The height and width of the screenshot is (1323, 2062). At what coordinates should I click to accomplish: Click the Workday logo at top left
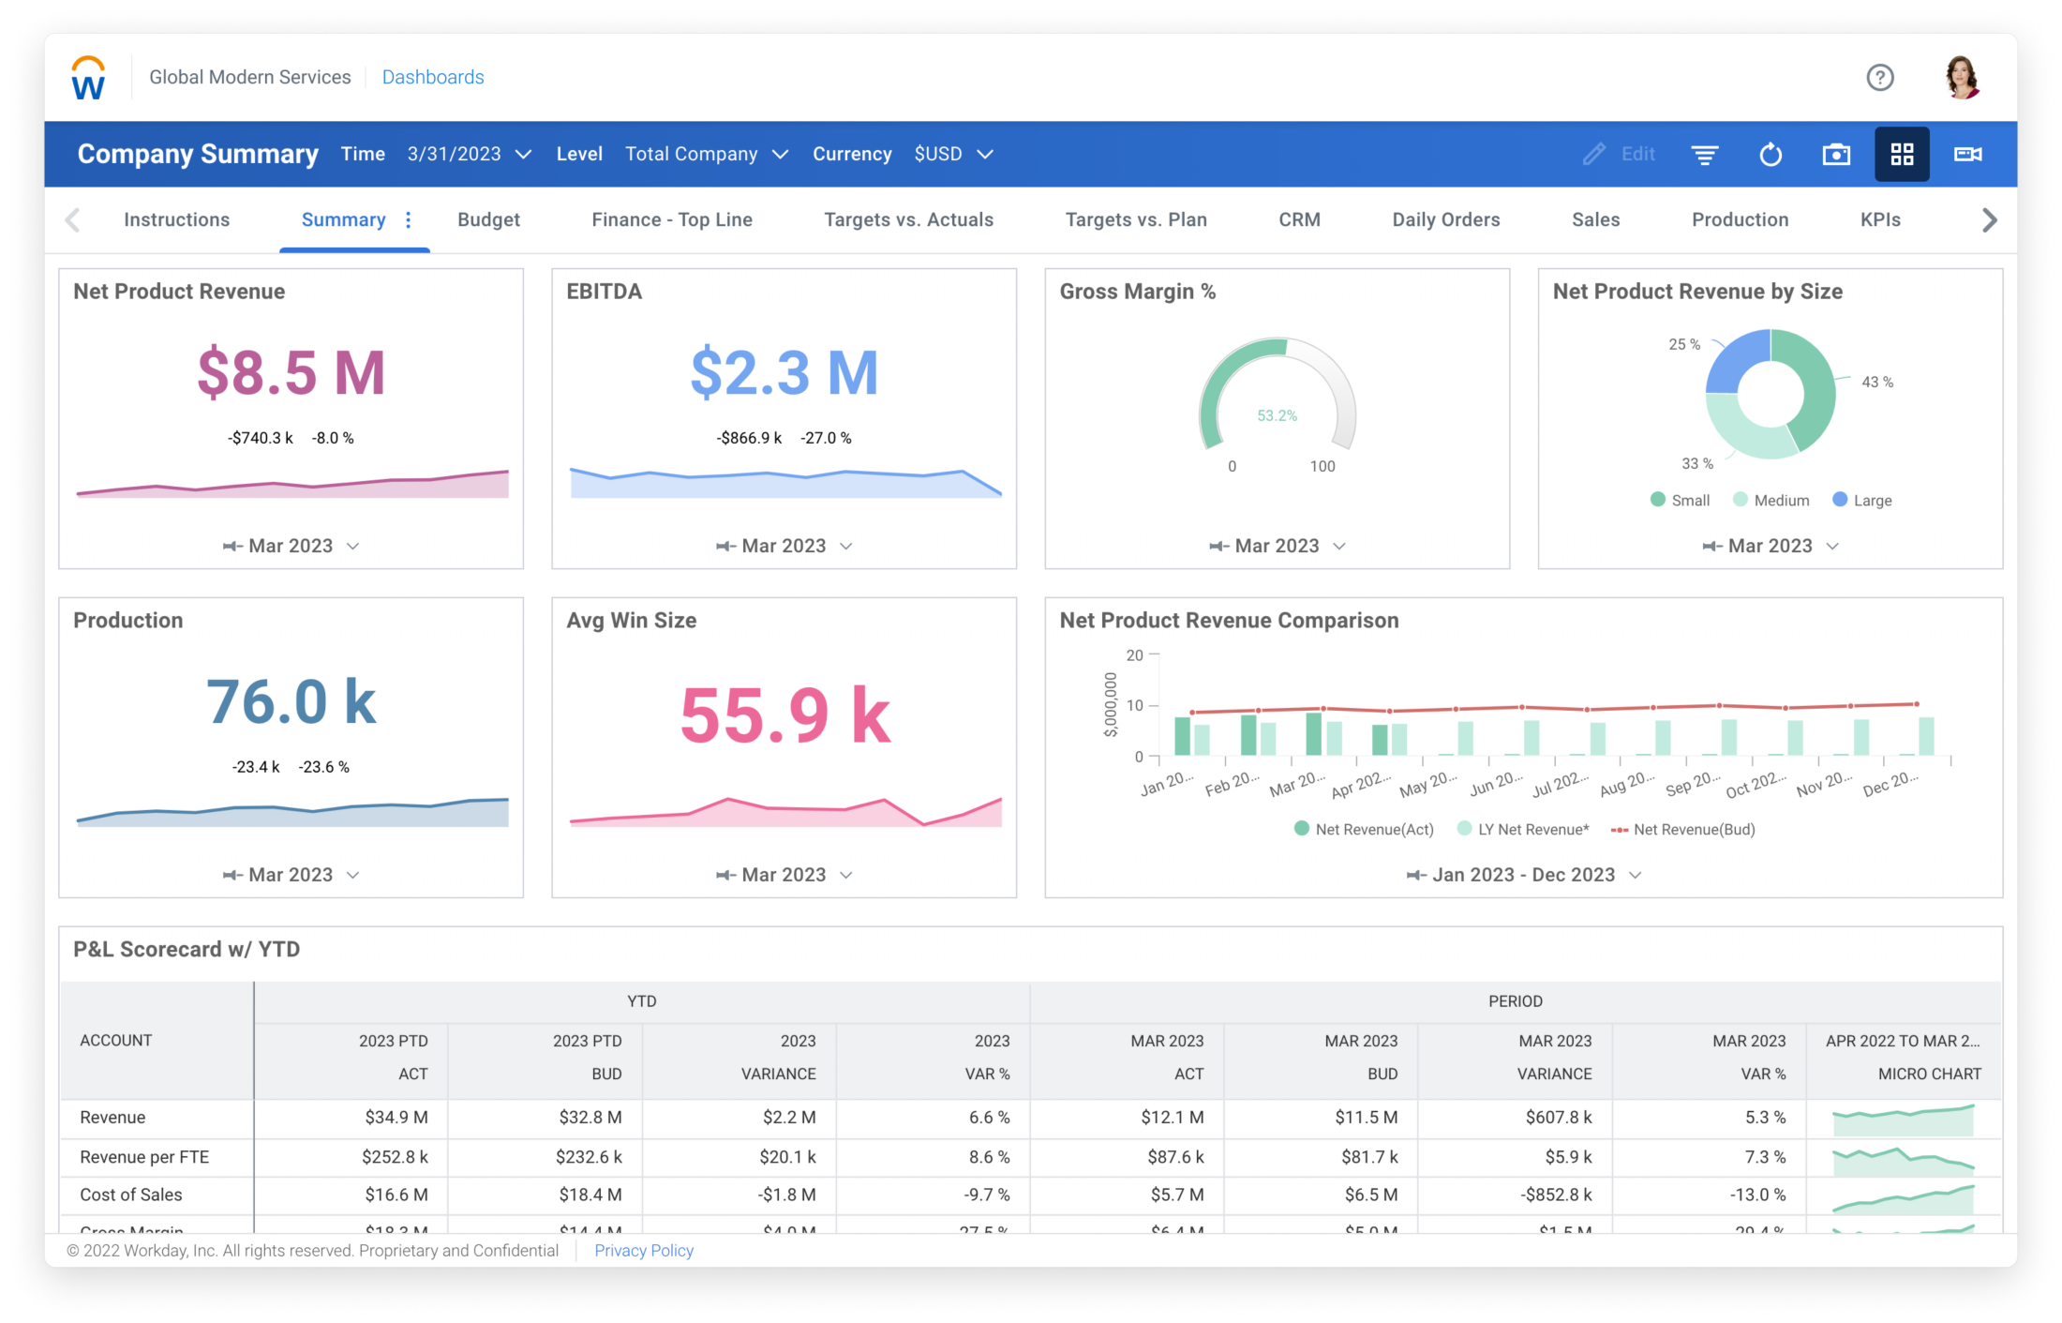88,78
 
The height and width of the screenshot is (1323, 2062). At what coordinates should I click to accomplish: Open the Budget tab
488,219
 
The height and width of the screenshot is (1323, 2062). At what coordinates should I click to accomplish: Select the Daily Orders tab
1445,219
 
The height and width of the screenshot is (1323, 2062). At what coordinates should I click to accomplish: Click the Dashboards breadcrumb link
432,77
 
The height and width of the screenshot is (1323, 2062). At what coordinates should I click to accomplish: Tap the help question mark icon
1879,77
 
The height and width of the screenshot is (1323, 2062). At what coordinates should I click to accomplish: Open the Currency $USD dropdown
952,154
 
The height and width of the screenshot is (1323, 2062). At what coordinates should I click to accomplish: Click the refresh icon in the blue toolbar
1770,154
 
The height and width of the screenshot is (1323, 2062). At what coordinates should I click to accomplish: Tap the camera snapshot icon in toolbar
1835,154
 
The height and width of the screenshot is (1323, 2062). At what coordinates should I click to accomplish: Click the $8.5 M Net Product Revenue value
291,372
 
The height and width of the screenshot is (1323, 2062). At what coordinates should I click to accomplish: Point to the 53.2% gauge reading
1277,415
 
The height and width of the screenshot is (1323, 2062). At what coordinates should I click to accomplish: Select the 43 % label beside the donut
1876,382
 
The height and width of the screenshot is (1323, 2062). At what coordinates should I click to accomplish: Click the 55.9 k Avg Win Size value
784,715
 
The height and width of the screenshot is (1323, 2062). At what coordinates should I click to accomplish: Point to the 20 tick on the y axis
1134,655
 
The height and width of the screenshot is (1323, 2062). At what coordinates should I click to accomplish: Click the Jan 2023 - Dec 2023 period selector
1523,875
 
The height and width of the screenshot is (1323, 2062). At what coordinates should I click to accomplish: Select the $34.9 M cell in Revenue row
396,1117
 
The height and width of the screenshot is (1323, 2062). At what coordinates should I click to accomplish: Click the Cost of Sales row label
131,1195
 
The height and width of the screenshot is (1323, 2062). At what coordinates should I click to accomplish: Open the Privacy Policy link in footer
643,1250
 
